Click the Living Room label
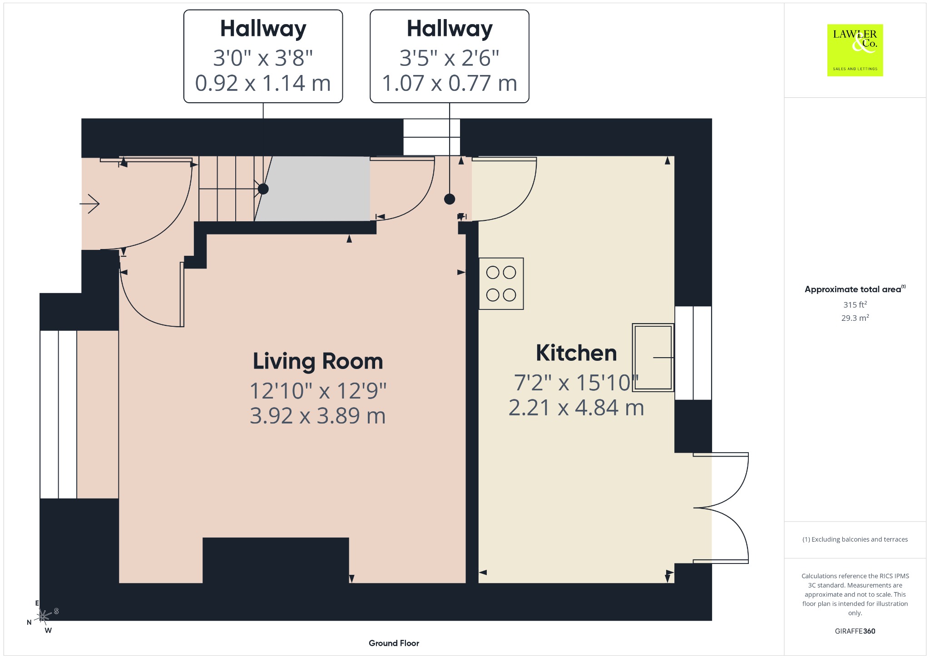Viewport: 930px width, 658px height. (318, 362)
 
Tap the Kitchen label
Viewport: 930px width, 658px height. (576, 353)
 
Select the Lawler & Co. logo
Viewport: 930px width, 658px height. (855, 50)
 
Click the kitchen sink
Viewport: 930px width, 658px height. (653, 357)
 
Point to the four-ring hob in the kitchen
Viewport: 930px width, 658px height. (501, 284)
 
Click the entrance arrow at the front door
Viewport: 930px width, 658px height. (89, 204)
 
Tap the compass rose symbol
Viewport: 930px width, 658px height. (43, 616)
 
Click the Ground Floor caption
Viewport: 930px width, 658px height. (394, 643)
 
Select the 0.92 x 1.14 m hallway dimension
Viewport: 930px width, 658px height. (263, 83)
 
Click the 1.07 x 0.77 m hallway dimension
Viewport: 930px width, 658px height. (450, 83)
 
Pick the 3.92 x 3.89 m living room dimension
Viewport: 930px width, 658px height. (318, 416)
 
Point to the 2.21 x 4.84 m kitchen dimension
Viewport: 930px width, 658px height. (576, 408)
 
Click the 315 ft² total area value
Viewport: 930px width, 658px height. (855, 304)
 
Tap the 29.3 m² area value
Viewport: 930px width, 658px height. (855, 318)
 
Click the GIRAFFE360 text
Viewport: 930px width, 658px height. (855, 631)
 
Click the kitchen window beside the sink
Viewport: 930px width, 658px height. (693, 353)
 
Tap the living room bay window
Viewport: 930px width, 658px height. (58, 414)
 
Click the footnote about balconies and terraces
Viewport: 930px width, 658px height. (855, 539)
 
